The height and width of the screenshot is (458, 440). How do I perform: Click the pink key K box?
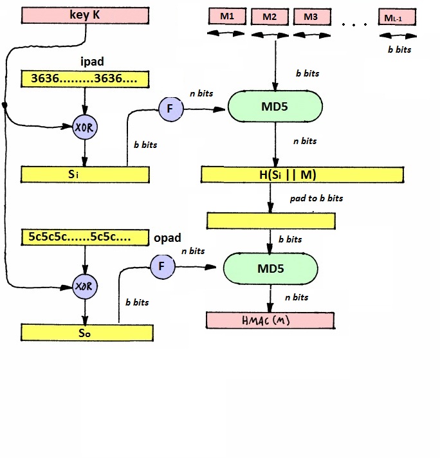click(85, 15)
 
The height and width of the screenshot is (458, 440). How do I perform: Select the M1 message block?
click(227, 16)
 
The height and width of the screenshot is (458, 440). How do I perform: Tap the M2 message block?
click(270, 17)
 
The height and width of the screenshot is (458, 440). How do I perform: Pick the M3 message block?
click(312, 17)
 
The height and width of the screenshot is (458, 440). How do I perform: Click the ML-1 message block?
click(397, 17)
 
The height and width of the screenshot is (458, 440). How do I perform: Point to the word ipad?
click(92, 62)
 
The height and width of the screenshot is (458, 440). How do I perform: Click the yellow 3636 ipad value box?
click(85, 79)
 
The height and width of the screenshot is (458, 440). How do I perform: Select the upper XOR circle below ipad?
click(85, 127)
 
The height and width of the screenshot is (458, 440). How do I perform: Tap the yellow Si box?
click(85, 175)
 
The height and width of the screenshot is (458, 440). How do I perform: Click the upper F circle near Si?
click(171, 109)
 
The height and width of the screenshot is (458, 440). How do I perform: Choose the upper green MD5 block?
click(275, 106)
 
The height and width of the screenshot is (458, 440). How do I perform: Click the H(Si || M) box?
click(302, 175)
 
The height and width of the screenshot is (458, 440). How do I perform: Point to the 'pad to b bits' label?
click(316, 198)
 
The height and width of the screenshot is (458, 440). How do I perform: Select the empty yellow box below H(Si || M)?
click(271, 221)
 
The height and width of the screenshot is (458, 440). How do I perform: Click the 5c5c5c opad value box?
click(85, 237)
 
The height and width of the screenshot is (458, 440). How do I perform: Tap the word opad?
click(167, 238)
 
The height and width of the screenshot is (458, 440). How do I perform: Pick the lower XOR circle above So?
click(85, 286)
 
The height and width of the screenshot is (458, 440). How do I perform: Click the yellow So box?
click(87, 333)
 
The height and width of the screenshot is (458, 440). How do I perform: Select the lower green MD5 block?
click(271, 269)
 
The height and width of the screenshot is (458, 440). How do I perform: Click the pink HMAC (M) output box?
click(270, 320)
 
